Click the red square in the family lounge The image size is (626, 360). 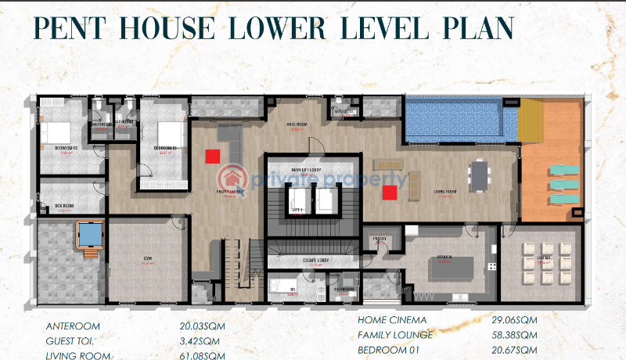(212, 156)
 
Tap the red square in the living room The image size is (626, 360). (389, 193)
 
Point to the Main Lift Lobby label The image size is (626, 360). (308, 169)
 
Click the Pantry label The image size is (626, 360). (380, 238)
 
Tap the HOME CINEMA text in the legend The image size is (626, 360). (393, 320)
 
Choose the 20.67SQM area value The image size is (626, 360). (515, 350)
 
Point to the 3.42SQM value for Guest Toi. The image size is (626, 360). (199, 341)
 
